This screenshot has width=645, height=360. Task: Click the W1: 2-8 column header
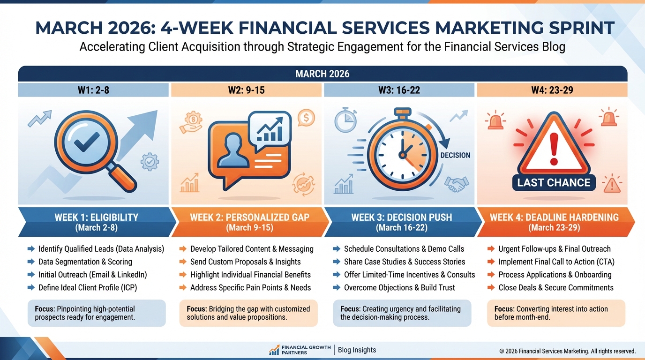(x=93, y=90)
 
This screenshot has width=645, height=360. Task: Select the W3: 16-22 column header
(x=399, y=90)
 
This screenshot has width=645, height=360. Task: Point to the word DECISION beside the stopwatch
(x=455, y=155)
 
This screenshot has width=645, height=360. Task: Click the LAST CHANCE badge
(x=554, y=183)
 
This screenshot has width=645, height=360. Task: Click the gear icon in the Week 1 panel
(x=150, y=162)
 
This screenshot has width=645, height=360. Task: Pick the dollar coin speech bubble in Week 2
(x=306, y=118)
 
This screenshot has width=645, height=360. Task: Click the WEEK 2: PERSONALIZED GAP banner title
(x=249, y=217)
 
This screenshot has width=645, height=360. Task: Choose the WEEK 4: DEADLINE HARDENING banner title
(x=554, y=217)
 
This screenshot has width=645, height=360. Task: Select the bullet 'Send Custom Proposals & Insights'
(x=245, y=262)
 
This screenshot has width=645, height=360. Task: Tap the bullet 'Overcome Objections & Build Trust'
(x=399, y=287)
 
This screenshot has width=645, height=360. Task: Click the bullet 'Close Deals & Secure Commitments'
(x=555, y=287)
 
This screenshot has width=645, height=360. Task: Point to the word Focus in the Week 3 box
(x=350, y=309)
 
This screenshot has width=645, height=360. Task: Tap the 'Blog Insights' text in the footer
(x=357, y=350)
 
